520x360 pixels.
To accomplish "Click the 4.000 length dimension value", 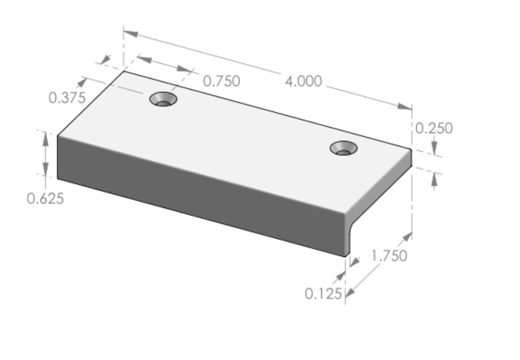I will coord(303,81).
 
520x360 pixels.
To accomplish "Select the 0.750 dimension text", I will coord(222,81).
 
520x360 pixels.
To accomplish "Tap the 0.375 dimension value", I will coord(67,98).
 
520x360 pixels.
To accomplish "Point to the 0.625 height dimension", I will coord(45,198).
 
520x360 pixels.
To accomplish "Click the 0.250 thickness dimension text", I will coord(434,128).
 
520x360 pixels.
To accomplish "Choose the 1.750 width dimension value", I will coord(389,255).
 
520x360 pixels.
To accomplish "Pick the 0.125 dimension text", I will coord(323,293).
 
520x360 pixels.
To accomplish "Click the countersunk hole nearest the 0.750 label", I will coord(163,99).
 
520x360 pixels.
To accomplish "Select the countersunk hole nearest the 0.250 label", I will coord(343,148).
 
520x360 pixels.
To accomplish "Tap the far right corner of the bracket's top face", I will coord(411,149).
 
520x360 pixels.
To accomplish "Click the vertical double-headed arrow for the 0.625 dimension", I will coord(46,155).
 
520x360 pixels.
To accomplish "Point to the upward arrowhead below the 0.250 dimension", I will coord(434,181).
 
